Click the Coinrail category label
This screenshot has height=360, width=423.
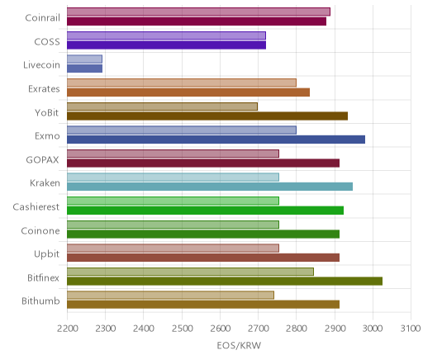(42, 18)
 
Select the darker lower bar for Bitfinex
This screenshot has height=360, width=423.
(225, 282)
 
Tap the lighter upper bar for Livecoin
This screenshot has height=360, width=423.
(84, 59)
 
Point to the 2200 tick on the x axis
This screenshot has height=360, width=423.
(68, 329)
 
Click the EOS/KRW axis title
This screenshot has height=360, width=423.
(239, 345)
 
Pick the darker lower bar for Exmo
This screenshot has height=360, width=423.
(216, 140)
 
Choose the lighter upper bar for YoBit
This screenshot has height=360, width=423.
(162, 107)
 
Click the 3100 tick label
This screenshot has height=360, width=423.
(411, 329)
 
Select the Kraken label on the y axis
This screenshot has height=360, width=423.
(45, 183)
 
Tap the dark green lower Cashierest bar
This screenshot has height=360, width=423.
(205, 211)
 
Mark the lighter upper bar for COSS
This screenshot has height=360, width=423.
(166, 36)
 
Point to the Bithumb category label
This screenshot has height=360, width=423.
(40, 301)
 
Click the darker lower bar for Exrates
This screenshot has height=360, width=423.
(188, 92)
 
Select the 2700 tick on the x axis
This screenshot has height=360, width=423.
(258, 329)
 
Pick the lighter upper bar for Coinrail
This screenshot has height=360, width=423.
(198, 12)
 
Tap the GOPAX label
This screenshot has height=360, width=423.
(42, 160)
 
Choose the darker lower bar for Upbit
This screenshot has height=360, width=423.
(203, 258)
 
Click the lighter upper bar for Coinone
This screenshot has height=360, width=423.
(173, 225)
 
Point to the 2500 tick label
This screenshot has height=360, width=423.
(182, 329)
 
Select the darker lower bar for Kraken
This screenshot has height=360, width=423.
(210, 187)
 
